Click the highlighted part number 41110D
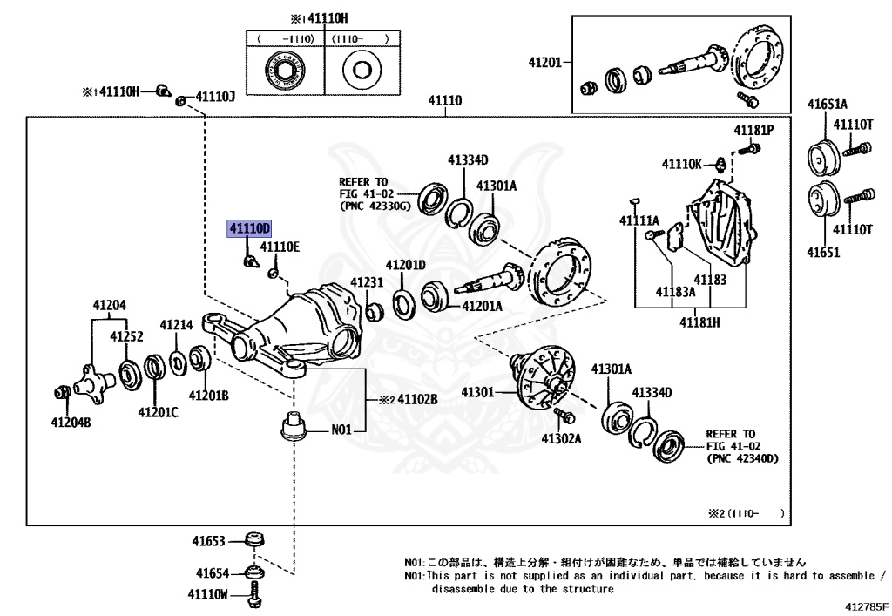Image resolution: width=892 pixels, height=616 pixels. coord(250,228)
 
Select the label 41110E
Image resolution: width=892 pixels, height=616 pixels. coord(279,247)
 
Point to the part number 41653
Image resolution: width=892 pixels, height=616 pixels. coord(209,541)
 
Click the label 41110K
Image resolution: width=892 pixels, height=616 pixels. coord(681,163)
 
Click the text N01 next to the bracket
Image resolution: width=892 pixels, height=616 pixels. coord(341,430)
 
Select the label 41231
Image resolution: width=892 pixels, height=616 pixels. coord(367,282)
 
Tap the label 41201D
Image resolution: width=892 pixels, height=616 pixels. coord(406,265)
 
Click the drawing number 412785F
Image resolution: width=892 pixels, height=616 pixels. coord(865,606)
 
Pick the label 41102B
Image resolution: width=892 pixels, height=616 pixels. coord(417,400)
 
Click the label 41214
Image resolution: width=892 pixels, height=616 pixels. coord(176,324)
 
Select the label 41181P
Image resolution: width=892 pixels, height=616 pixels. coord(753,131)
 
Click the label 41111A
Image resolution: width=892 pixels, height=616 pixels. coord(639,220)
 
